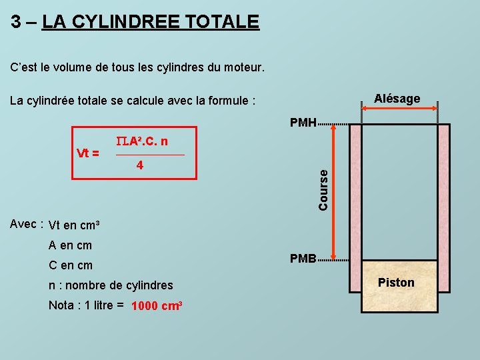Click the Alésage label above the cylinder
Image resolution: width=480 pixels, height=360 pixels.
[397, 99]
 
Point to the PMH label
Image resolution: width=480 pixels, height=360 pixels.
[303, 123]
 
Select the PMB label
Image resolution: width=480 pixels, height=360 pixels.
[303, 259]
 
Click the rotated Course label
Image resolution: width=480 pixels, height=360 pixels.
[323, 190]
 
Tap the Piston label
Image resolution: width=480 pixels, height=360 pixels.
[396, 283]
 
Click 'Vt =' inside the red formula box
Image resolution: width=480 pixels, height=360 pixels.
[88, 153]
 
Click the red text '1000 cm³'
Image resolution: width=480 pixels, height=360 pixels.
[157, 307]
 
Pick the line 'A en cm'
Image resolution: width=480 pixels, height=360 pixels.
[71, 245]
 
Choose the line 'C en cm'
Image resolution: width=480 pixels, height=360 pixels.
[71, 265]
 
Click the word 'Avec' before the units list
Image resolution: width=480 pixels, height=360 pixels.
[24, 224]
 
